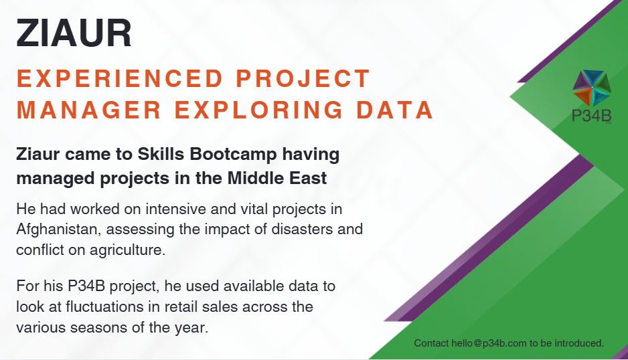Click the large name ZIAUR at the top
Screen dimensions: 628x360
coord(74,33)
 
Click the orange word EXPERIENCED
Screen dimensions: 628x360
coord(120,78)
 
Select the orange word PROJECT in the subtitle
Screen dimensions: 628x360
coord(303,78)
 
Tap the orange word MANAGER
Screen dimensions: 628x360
coord(89,110)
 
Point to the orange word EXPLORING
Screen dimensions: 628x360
coord(258,110)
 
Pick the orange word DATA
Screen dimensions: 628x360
coord(395,110)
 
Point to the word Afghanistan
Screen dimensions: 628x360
coord(59,230)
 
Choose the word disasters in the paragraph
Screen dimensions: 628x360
coord(303,229)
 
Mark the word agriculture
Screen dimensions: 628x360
coord(127,250)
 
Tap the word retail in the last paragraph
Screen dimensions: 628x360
coord(181,306)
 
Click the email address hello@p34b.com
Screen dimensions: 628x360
coord(489,343)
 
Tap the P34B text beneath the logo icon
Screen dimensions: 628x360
coord(592,116)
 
